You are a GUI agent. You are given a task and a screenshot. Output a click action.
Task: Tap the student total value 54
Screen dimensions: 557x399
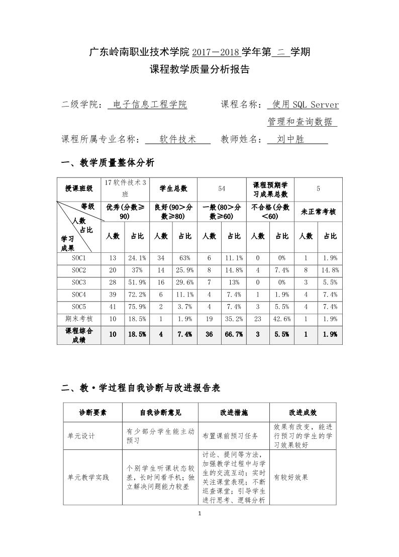(222, 188)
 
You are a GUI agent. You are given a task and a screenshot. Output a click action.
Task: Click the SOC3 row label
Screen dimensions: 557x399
(79, 282)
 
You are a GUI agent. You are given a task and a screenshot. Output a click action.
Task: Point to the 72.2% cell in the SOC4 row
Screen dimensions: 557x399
(137, 294)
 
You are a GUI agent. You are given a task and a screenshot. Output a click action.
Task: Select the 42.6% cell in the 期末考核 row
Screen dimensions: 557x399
(282, 318)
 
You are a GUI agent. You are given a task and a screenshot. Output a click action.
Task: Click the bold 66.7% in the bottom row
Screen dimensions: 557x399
(233, 334)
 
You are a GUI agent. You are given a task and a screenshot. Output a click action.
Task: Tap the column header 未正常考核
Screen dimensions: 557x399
(318, 212)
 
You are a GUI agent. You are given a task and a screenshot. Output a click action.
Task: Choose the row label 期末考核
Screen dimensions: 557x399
(79, 318)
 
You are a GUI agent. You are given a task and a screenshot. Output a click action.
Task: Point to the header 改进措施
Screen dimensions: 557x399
(234, 413)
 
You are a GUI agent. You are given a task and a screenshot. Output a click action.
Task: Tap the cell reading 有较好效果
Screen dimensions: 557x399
(291, 477)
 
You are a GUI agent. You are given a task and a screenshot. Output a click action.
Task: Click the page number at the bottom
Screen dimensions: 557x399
(200, 513)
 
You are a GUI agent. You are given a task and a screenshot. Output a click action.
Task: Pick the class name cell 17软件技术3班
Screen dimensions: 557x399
(125, 188)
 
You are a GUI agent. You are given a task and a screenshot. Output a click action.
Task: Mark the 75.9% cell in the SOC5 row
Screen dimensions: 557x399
(137, 306)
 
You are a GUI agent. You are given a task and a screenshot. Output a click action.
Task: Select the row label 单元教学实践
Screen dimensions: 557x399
(88, 477)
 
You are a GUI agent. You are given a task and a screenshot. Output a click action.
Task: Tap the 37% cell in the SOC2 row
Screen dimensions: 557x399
(137, 270)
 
